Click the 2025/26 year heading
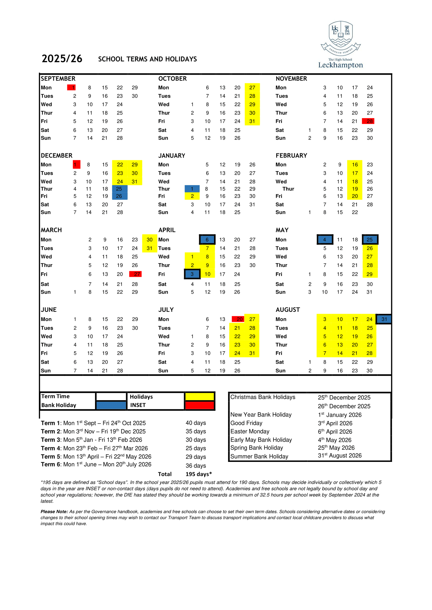pos(62,59)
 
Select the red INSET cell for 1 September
pos(72,87)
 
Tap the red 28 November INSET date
pos(369,121)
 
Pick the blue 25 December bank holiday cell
pos(119,189)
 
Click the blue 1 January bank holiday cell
pos(192,189)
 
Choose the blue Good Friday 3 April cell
pos(192,274)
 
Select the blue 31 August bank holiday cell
pos(384,319)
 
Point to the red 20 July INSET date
pos(238,319)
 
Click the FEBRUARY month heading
pos(291,155)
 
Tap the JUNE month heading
pos(49,309)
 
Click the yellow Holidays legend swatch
pos(199,397)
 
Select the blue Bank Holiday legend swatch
pos(111,405)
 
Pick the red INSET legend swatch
pos(199,405)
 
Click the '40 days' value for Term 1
pos(196,423)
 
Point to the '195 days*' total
pos(198,474)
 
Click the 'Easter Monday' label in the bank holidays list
pos(250,431)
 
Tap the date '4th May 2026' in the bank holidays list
pos(335,440)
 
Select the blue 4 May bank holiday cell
pos(325,240)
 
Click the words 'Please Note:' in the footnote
pos(54,512)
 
